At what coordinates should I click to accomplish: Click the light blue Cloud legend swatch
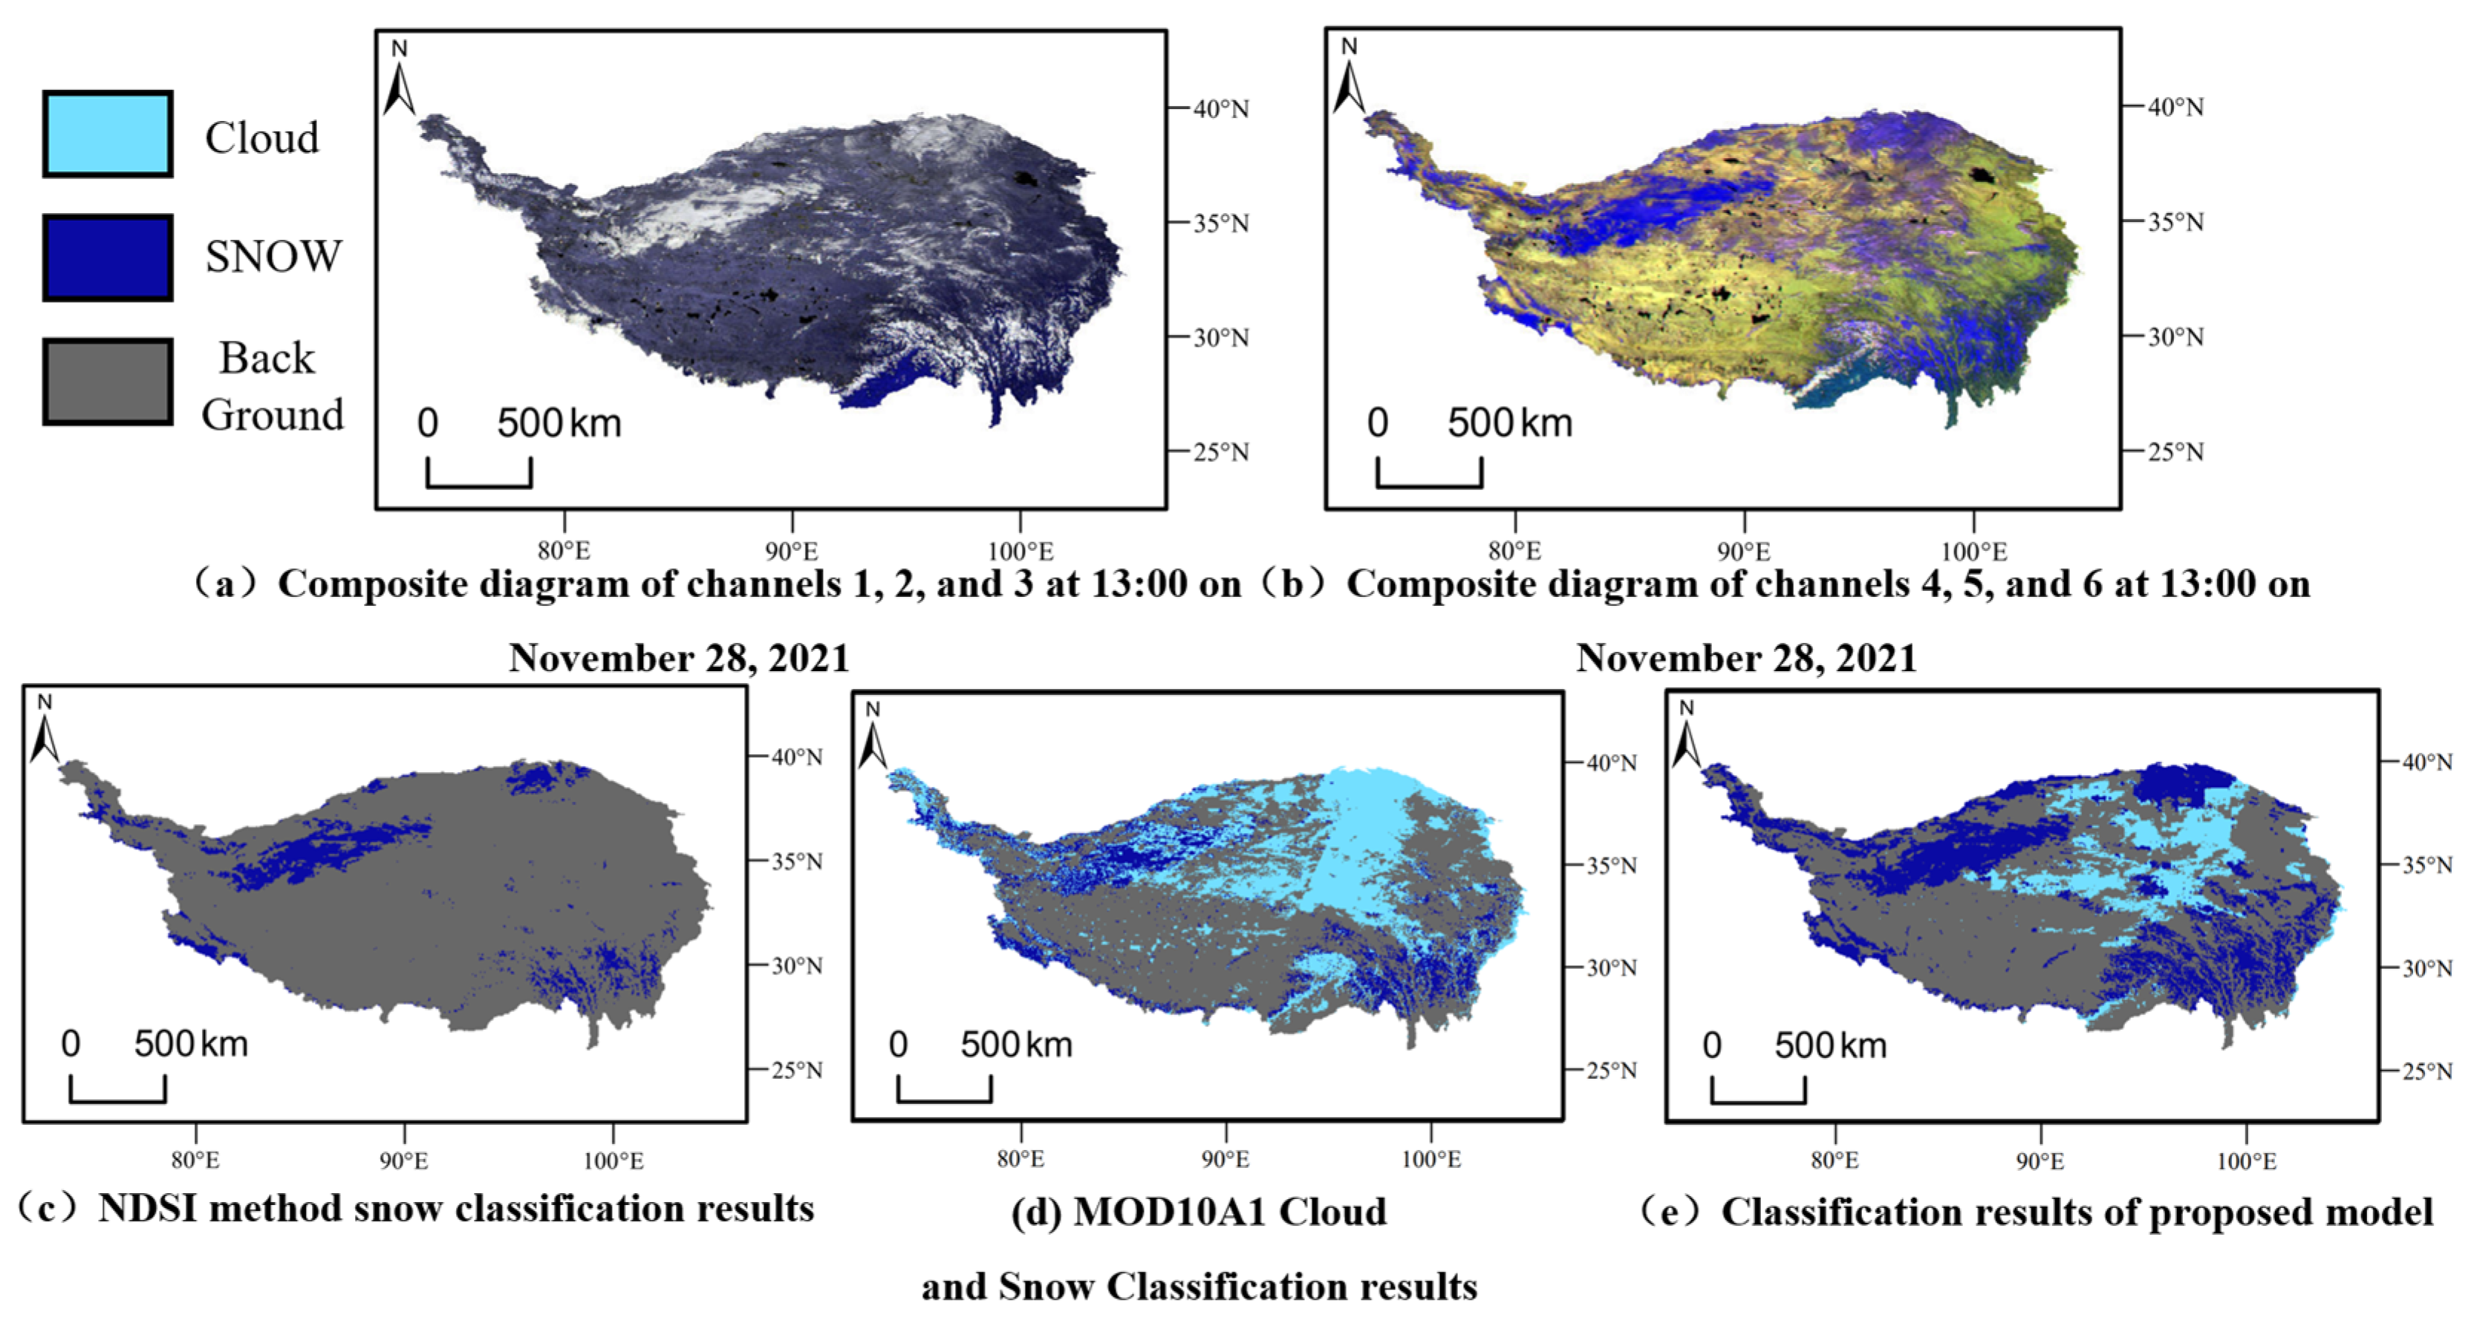pos(108,134)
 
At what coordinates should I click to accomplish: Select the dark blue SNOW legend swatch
pos(108,258)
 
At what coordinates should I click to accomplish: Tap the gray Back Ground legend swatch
pos(108,381)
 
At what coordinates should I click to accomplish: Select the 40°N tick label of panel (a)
pos(1221,109)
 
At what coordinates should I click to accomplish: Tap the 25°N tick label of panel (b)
pos(2175,451)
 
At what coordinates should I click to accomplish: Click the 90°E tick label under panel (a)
pos(792,551)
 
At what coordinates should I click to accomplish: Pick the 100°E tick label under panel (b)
pos(1973,551)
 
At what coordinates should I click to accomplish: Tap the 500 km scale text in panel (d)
pos(1016,1045)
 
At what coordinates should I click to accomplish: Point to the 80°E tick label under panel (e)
pos(1835,1161)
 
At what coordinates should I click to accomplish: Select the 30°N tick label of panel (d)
pos(1611,968)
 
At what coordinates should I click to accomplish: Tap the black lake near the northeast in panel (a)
pos(1026,179)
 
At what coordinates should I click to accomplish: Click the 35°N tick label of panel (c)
pos(797,861)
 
